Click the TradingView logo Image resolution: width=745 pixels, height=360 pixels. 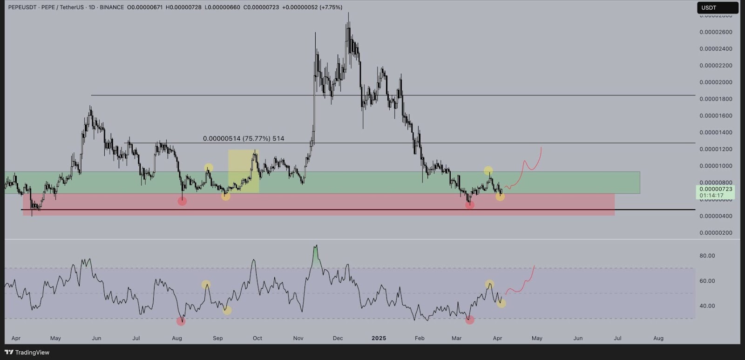click(27, 352)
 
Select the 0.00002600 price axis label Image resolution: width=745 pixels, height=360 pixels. click(716, 32)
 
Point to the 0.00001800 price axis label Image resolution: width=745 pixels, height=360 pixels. click(716, 99)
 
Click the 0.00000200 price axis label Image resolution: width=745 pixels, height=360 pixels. click(716, 233)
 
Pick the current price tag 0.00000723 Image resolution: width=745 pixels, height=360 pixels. click(716, 189)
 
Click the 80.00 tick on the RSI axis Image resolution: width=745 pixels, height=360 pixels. click(707, 256)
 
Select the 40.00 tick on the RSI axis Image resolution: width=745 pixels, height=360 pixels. click(707, 306)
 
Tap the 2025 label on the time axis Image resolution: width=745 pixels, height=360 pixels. click(379, 338)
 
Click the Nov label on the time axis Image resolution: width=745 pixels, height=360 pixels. click(298, 338)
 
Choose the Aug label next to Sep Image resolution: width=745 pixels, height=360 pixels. click(177, 338)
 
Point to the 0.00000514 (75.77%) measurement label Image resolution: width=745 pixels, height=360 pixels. click(243, 138)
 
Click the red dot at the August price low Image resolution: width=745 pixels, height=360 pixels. click(182, 201)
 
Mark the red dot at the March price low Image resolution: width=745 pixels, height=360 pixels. click(469, 205)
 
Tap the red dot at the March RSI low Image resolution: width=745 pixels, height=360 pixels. click(470, 320)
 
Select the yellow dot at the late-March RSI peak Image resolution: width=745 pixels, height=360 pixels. click(489, 284)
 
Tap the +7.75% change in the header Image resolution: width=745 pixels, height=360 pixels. click(332, 7)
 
